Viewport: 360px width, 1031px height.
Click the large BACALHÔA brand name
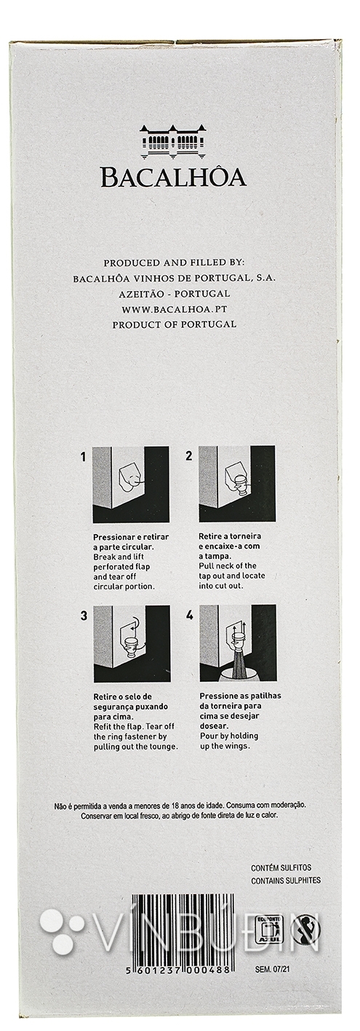tap(174, 178)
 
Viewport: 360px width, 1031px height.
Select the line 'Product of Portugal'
tap(175, 324)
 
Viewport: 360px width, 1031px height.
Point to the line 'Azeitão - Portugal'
tap(175, 294)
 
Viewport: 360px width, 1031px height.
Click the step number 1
tap(84, 457)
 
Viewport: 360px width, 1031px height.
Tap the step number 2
tap(189, 456)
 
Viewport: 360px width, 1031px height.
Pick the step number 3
tap(84, 616)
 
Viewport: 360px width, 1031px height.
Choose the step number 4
tap(190, 615)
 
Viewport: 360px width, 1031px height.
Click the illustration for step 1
tap(131, 484)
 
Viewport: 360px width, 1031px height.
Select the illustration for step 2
tap(237, 484)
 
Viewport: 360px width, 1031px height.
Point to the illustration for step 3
tap(132, 643)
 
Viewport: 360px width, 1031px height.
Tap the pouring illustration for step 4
tap(238, 643)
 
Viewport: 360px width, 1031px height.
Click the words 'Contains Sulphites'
tap(286, 880)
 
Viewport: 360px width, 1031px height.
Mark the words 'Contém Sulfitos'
tap(281, 867)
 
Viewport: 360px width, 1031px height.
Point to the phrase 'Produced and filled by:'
tap(175, 263)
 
